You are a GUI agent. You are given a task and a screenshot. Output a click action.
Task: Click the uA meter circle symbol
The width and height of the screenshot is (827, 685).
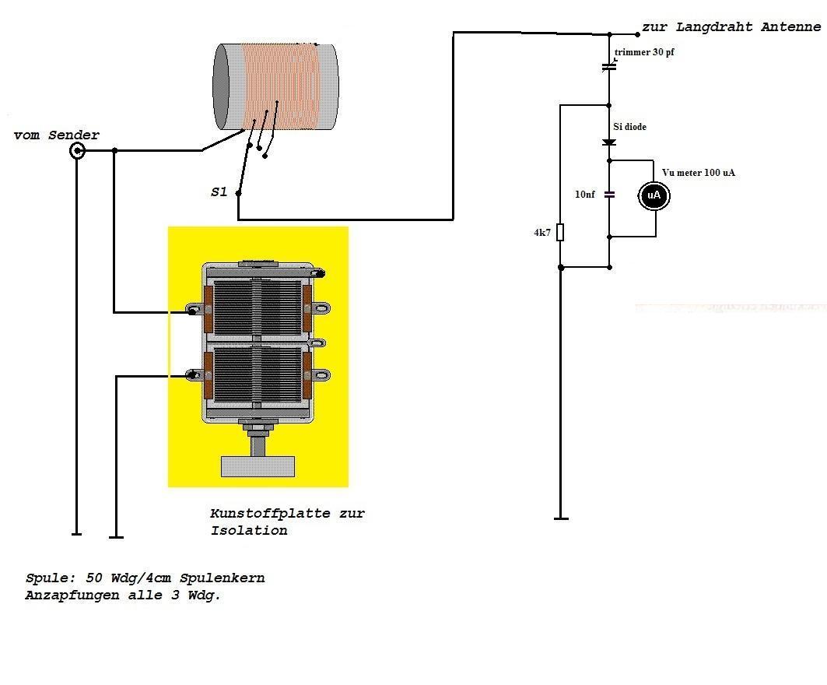[x=654, y=195]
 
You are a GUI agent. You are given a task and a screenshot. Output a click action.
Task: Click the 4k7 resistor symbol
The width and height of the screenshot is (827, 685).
[x=560, y=232]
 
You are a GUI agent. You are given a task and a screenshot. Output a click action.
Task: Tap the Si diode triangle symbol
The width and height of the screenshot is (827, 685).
[x=609, y=142]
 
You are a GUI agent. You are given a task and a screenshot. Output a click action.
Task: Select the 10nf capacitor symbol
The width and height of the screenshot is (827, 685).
[x=609, y=195]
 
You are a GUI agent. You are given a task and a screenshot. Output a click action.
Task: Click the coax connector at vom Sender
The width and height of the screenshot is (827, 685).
[x=77, y=150]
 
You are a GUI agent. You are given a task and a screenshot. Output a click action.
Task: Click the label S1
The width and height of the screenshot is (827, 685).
[x=219, y=191]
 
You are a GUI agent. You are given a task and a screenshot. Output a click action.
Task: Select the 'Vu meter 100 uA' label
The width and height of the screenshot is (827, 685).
[x=698, y=172]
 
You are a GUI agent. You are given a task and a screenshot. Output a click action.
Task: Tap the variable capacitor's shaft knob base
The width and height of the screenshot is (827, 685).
[x=258, y=466]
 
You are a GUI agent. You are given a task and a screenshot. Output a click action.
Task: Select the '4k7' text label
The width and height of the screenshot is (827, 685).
[x=542, y=233]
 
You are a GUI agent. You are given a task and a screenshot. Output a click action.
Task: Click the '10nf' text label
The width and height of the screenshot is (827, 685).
[x=585, y=195]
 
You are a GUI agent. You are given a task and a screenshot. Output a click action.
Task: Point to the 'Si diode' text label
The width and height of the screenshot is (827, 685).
[x=629, y=127]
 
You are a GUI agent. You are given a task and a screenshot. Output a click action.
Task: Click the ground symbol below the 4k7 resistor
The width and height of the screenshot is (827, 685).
[x=560, y=518]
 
